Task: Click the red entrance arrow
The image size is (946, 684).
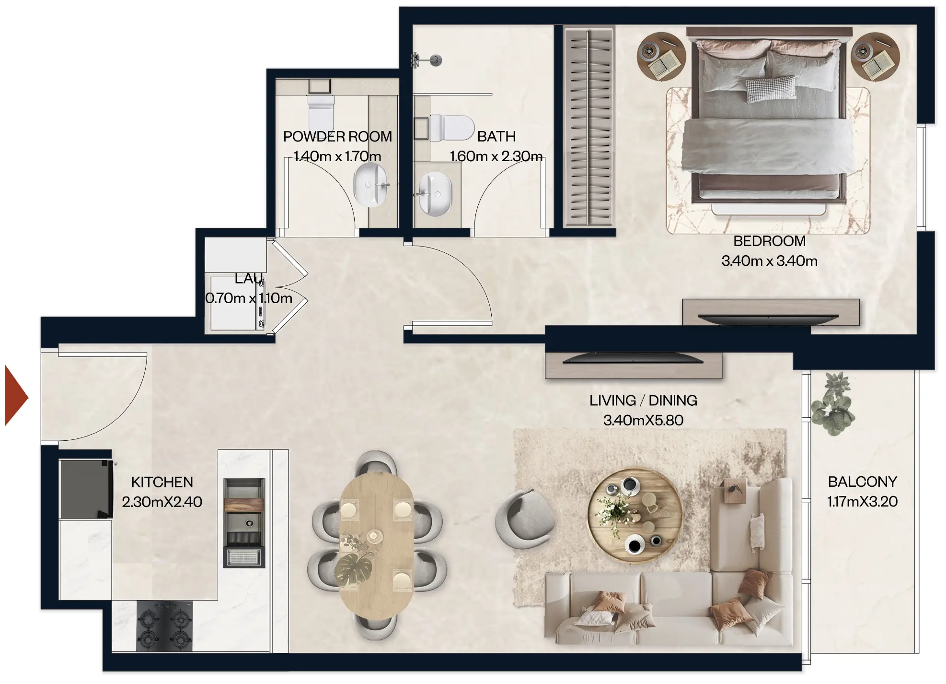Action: (x=16, y=396)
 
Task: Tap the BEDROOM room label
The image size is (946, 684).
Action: (x=769, y=241)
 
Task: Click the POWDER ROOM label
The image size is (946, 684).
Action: (x=337, y=137)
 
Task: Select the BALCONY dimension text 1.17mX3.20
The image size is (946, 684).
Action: (x=862, y=502)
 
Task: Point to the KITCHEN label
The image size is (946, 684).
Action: (x=162, y=482)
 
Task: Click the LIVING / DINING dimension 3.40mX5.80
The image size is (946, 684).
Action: (x=643, y=420)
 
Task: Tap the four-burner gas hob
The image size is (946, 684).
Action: (x=164, y=626)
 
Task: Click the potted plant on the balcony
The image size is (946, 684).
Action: (x=833, y=405)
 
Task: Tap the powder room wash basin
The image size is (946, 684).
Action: (x=370, y=185)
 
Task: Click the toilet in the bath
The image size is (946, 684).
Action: (x=451, y=128)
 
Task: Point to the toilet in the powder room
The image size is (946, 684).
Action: (x=321, y=113)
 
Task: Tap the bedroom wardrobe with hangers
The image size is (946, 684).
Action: (x=588, y=126)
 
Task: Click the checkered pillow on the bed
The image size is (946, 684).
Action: (x=770, y=89)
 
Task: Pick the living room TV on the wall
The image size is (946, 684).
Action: (x=633, y=358)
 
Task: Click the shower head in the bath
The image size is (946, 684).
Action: (x=435, y=60)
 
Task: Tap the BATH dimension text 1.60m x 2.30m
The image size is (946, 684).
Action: (x=496, y=156)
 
